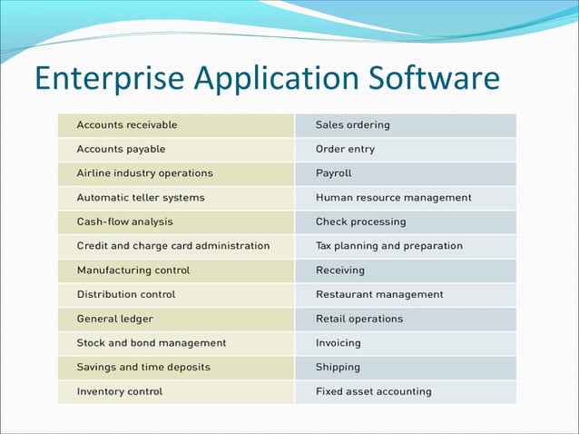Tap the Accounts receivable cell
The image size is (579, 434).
point(127,124)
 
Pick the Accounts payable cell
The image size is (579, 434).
point(121,149)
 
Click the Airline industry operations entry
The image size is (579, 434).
point(144,173)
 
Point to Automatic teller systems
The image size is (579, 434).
point(141,197)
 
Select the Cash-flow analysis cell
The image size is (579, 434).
point(124,222)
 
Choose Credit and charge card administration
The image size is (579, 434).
point(172,245)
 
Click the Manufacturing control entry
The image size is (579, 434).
point(133,270)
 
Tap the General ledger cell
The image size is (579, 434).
point(114,319)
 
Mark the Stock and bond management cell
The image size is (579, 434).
point(152,343)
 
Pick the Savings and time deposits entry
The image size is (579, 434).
point(143,367)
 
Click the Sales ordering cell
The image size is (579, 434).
point(353,124)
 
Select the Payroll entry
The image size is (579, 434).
point(333,173)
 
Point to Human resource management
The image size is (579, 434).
point(393,197)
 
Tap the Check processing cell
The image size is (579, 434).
point(360,222)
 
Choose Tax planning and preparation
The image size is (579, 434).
point(388,245)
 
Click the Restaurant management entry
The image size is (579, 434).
point(379,294)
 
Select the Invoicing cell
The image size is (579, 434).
point(338,343)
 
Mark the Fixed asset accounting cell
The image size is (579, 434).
point(373,391)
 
